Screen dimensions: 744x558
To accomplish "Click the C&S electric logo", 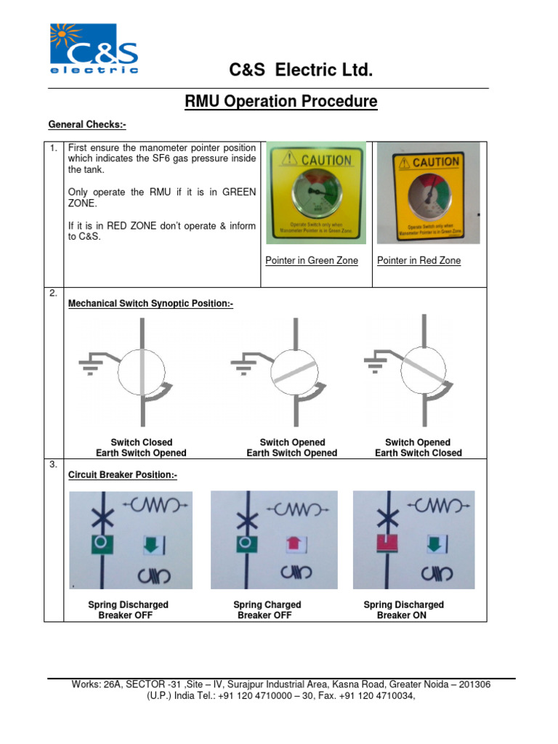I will pos(93,49).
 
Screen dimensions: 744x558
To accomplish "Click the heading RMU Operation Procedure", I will pos(280,102).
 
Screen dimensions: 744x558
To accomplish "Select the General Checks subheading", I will pos(87,124).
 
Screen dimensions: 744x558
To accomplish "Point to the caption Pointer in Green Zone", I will pos(312,260).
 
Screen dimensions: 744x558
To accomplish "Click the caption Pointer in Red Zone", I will pos(419,260).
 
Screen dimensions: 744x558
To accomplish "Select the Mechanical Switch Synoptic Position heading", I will pos(150,304).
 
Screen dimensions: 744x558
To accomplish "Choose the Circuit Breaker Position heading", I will pos(122,475).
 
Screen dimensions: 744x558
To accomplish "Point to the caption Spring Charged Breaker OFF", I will pos(267,610).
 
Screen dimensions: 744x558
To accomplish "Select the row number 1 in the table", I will pos(53,148).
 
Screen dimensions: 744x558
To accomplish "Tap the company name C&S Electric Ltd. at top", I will pos(301,70).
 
